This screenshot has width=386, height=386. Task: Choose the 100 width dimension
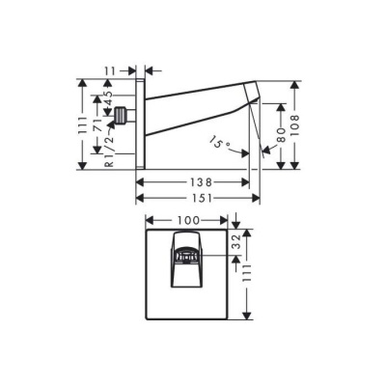[x=187, y=222]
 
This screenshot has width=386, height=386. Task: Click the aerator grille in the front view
[x=188, y=258]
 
